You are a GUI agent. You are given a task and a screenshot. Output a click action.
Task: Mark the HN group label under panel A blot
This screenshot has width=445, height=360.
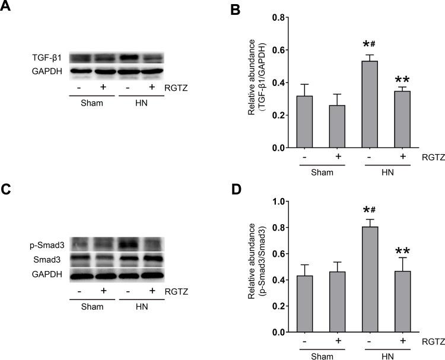tap(141, 101)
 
